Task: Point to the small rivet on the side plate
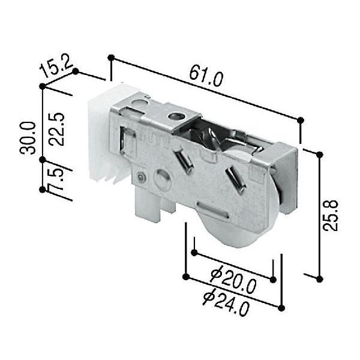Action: coord(140,177)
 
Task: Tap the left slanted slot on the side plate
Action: coord(184,161)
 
